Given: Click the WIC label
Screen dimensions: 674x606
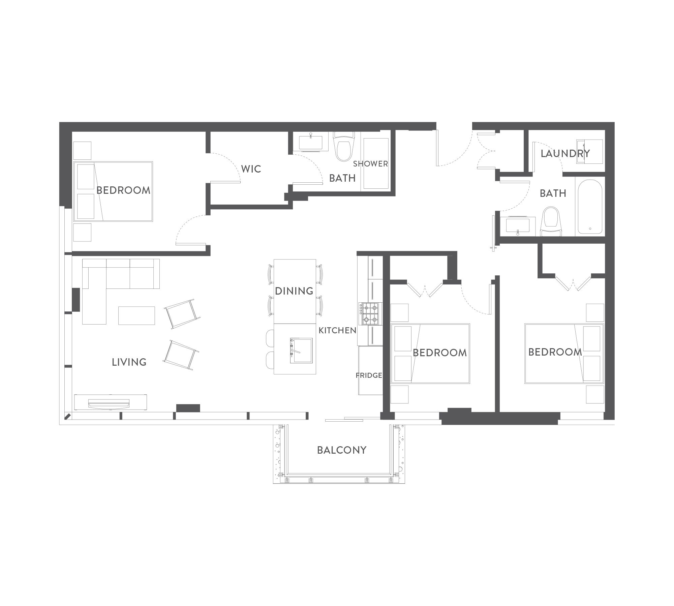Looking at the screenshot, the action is click(251, 169).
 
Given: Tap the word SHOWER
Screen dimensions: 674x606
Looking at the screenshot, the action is click(370, 164).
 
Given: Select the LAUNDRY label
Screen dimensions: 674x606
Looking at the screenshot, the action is click(565, 154).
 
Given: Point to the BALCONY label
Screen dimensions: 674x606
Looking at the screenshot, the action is click(342, 450).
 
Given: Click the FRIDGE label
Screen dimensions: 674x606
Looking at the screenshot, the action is click(369, 375).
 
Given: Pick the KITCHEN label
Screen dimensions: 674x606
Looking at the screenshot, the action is click(337, 330).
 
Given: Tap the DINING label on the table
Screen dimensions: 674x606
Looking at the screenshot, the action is click(294, 291).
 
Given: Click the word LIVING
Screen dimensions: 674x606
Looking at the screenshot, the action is click(129, 362).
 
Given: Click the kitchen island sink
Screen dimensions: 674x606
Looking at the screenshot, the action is click(301, 351).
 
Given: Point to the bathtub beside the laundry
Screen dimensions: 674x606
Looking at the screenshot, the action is click(590, 207).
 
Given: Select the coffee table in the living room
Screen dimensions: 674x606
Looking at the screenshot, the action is click(136, 315).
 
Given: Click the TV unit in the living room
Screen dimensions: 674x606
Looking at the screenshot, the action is click(111, 402).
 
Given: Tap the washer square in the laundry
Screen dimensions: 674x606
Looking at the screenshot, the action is click(589, 152).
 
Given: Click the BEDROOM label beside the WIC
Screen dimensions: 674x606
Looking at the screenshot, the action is click(123, 190).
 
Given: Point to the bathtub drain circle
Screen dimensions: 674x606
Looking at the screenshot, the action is click(590, 229).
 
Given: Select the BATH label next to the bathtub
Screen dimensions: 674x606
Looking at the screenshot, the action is click(553, 193).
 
